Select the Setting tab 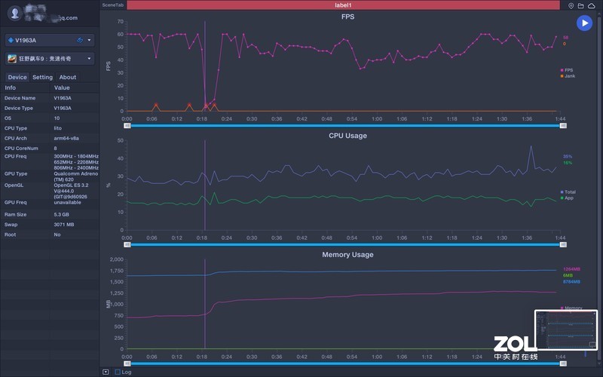pyautogui.click(x=42, y=77)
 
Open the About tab pyautogui.click(x=68, y=77)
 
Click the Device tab pyautogui.click(x=17, y=77)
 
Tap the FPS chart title pyautogui.click(x=347, y=16)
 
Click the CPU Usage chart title pyautogui.click(x=347, y=136)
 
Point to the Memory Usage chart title pyautogui.click(x=347, y=255)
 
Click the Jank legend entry pyautogui.click(x=569, y=75)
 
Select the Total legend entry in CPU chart pyautogui.click(x=569, y=192)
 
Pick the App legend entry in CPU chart pyautogui.click(x=568, y=198)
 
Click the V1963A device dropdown pyautogui.click(x=49, y=40)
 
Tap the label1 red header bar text pyautogui.click(x=343, y=5)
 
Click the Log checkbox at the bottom pyautogui.click(x=118, y=372)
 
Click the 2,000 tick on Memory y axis pyautogui.click(x=116, y=259)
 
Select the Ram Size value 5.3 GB pyautogui.click(x=63, y=214)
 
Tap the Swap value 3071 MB pyautogui.click(x=64, y=225)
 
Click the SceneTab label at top pyautogui.click(x=113, y=5)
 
